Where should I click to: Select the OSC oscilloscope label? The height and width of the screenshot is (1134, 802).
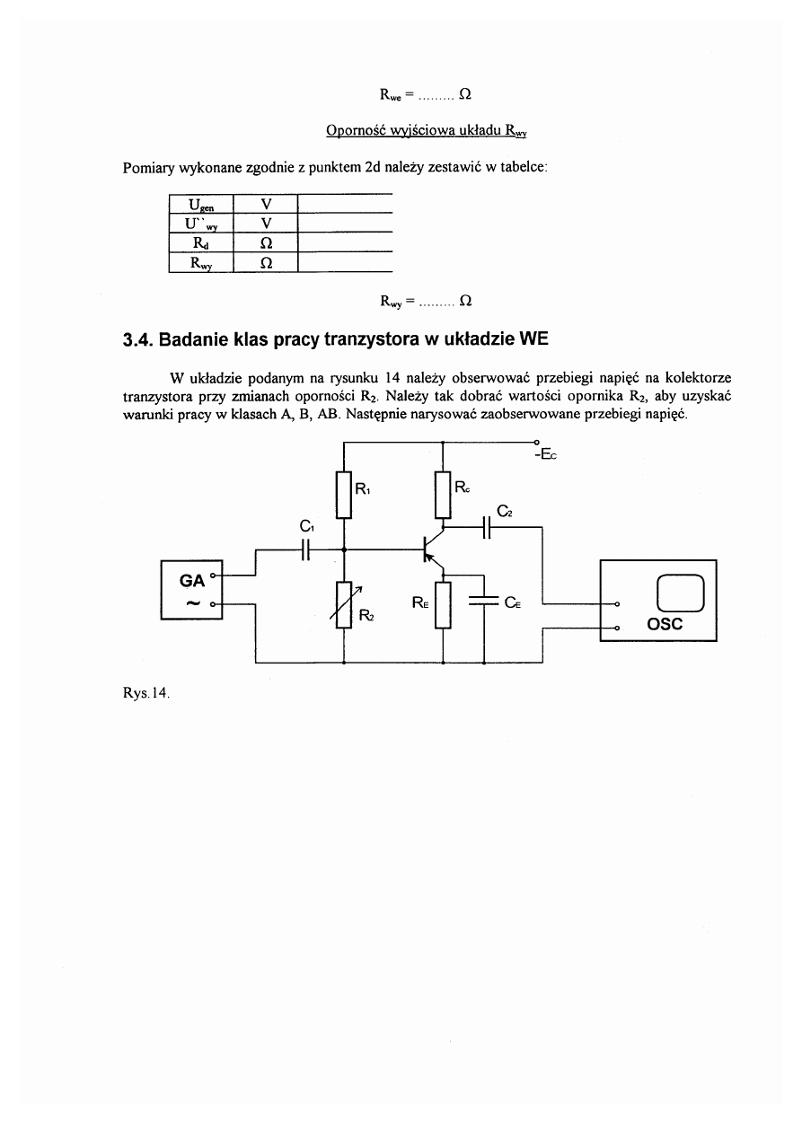point(665,624)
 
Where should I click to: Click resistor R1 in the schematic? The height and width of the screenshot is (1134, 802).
point(344,496)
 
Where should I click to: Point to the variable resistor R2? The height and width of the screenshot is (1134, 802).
point(344,605)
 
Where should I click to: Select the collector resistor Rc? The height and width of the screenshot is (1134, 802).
point(443,496)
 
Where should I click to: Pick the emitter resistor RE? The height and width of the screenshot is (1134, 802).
point(443,605)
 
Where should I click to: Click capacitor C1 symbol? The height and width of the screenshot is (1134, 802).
point(305,549)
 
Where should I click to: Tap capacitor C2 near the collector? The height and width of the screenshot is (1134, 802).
point(486,528)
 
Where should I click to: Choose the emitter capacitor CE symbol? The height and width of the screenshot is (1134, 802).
point(484,603)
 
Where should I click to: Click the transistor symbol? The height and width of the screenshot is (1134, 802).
point(432,549)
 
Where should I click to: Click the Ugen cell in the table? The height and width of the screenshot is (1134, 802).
point(200,204)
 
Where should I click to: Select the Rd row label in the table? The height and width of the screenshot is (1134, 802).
point(200,242)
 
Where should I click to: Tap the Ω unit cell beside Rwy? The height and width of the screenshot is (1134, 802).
point(265,262)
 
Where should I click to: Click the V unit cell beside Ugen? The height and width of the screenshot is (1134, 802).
point(265,204)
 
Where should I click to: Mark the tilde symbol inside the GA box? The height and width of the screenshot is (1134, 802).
point(191,603)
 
